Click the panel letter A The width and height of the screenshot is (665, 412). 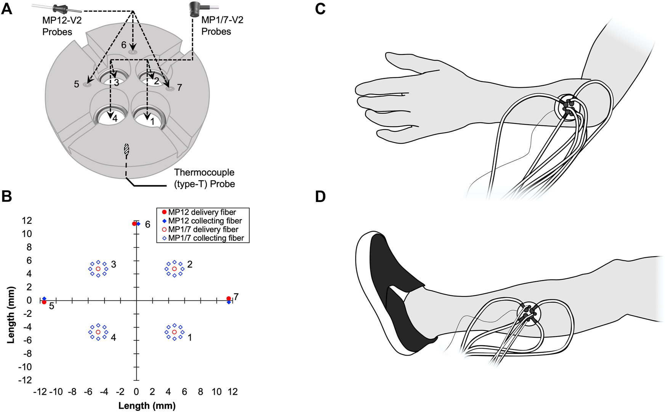[7, 8]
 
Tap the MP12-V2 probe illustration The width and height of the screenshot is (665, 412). [59, 8]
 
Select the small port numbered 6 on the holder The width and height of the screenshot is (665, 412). [133, 51]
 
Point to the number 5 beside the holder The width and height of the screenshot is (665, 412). [76, 84]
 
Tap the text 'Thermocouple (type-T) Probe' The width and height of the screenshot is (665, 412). [204, 178]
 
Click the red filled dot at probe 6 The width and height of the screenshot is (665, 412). [134, 224]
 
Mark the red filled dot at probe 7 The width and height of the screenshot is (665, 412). [228, 298]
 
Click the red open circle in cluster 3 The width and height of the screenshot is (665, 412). [98, 269]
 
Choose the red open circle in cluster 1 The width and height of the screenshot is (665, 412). [175, 332]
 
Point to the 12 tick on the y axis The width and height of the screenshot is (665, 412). [27, 221]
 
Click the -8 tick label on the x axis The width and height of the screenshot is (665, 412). [72, 392]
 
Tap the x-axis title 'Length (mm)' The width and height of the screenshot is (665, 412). [147, 406]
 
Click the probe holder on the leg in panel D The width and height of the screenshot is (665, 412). [529, 313]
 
